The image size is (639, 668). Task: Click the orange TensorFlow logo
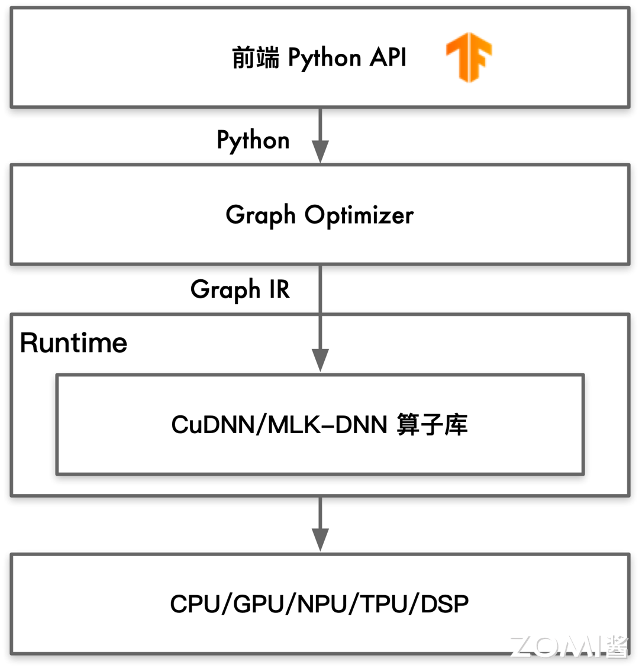pos(469,57)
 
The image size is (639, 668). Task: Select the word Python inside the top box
pos(324,59)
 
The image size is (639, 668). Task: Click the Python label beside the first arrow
pos(253,141)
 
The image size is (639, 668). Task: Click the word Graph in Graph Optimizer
pos(260,215)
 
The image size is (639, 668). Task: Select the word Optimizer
pos(359,215)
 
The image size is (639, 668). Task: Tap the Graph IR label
pos(240,290)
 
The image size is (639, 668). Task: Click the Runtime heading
pos(73,343)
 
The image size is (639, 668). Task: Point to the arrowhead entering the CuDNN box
pos(320,360)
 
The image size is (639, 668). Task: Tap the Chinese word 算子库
pos(432,425)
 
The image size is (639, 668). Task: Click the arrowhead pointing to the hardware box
pos(320,539)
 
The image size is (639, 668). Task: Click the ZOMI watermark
pos(568,647)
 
